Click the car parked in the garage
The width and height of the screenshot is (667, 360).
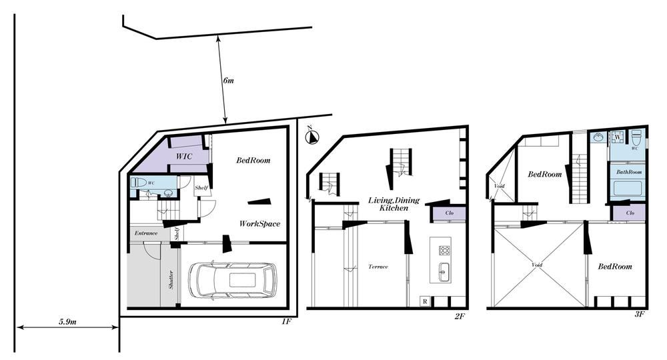pyautogui.click(x=232, y=280)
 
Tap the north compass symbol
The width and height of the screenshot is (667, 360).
pyautogui.click(x=313, y=137)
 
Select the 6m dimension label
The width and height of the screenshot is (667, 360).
pyautogui.click(x=228, y=80)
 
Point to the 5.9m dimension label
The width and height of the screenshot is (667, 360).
pyautogui.click(x=67, y=321)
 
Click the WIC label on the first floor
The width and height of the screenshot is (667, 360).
pyautogui.click(x=184, y=157)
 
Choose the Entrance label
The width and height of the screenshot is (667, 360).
pyautogui.click(x=146, y=233)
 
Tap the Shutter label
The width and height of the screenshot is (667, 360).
pyautogui.click(x=171, y=280)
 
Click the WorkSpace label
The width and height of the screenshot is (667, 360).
pyautogui.click(x=259, y=223)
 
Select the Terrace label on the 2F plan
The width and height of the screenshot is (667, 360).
pyautogui.click(x=378, y=267)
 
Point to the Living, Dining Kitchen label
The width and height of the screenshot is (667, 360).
pyautogui.click(x=394, y=204)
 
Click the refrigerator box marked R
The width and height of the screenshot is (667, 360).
pyautogui.click(x=424, y=301)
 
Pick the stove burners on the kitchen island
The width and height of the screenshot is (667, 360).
pyautogui.click(x=444, y=250)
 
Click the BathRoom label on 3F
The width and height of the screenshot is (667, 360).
pyautogui.click(x=629, y=172)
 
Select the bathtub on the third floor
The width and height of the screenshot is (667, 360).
pyautogui.click(x=628, y=188)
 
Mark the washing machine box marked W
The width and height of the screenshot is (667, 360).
pyautogui.click(x=617, y=137)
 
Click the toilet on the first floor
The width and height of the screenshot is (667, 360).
pyautogui.click(x=139, y=183)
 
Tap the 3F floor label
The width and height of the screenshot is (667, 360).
pyautogui.click(x=640, y=314)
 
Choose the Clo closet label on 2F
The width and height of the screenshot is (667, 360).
pyautogui.click(x=449, y=213)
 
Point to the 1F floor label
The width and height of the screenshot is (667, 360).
pyautogui.click(x=286, y=322)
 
